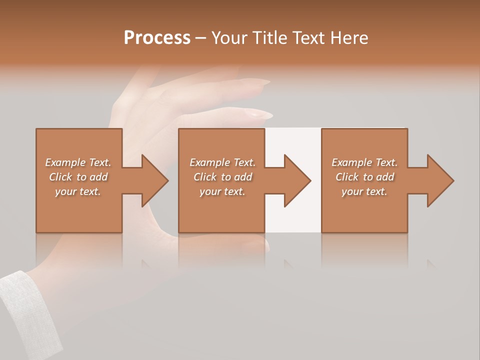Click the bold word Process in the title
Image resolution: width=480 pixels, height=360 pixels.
(157, 38)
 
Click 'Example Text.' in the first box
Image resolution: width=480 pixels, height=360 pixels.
(78, 162)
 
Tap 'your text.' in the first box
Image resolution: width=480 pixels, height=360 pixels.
(78, 191)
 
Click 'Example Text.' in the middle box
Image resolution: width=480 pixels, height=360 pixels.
(222, 162)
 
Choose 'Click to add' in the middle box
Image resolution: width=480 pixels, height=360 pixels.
(222, 177)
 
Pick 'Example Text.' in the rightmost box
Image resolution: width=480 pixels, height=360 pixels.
(364, 162)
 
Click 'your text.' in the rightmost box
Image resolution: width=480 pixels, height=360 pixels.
(364, 191)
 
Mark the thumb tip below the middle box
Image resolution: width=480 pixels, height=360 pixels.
(260, 242)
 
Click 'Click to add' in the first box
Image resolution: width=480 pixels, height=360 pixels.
(78, 177)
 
